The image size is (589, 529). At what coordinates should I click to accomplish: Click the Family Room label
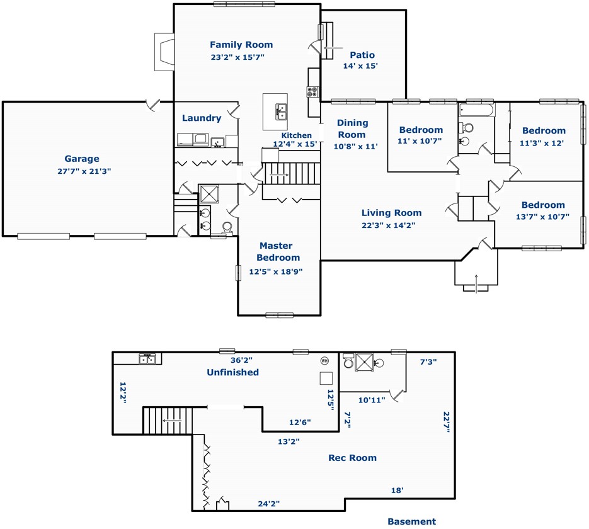point(241,45)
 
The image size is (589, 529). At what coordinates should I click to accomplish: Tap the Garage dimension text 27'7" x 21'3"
point(84,171)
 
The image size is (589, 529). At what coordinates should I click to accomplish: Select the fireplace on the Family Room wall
point(164,52)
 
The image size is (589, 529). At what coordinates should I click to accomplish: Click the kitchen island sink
point(281,111)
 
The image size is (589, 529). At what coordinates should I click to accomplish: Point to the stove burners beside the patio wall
point(312,92)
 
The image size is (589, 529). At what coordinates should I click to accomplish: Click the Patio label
point(362,55)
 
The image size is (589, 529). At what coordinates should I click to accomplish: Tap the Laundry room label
point(202,118)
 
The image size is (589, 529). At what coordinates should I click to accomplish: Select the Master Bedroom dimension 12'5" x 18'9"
point(276,271)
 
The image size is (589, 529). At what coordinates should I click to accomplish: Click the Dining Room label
point(352,128)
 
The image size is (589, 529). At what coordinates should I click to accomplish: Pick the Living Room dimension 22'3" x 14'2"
point(389,225)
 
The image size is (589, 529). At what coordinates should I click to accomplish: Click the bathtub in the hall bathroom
point(477,110)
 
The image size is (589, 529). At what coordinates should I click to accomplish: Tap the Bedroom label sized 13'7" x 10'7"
point(543,205)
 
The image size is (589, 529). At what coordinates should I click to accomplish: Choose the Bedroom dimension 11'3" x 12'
point(542,143)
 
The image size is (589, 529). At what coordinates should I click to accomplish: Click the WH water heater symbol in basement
point(324,361)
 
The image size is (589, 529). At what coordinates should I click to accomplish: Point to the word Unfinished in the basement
point(233,372)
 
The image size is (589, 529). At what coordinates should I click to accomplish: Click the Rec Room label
point(352,458)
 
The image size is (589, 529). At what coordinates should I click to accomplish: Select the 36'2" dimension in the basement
point(241,360)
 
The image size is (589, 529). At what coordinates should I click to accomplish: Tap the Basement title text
point(412,521)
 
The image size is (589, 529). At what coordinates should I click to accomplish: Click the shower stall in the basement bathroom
point(364,362)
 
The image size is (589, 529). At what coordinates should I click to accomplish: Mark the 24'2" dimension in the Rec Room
point(268,504)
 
